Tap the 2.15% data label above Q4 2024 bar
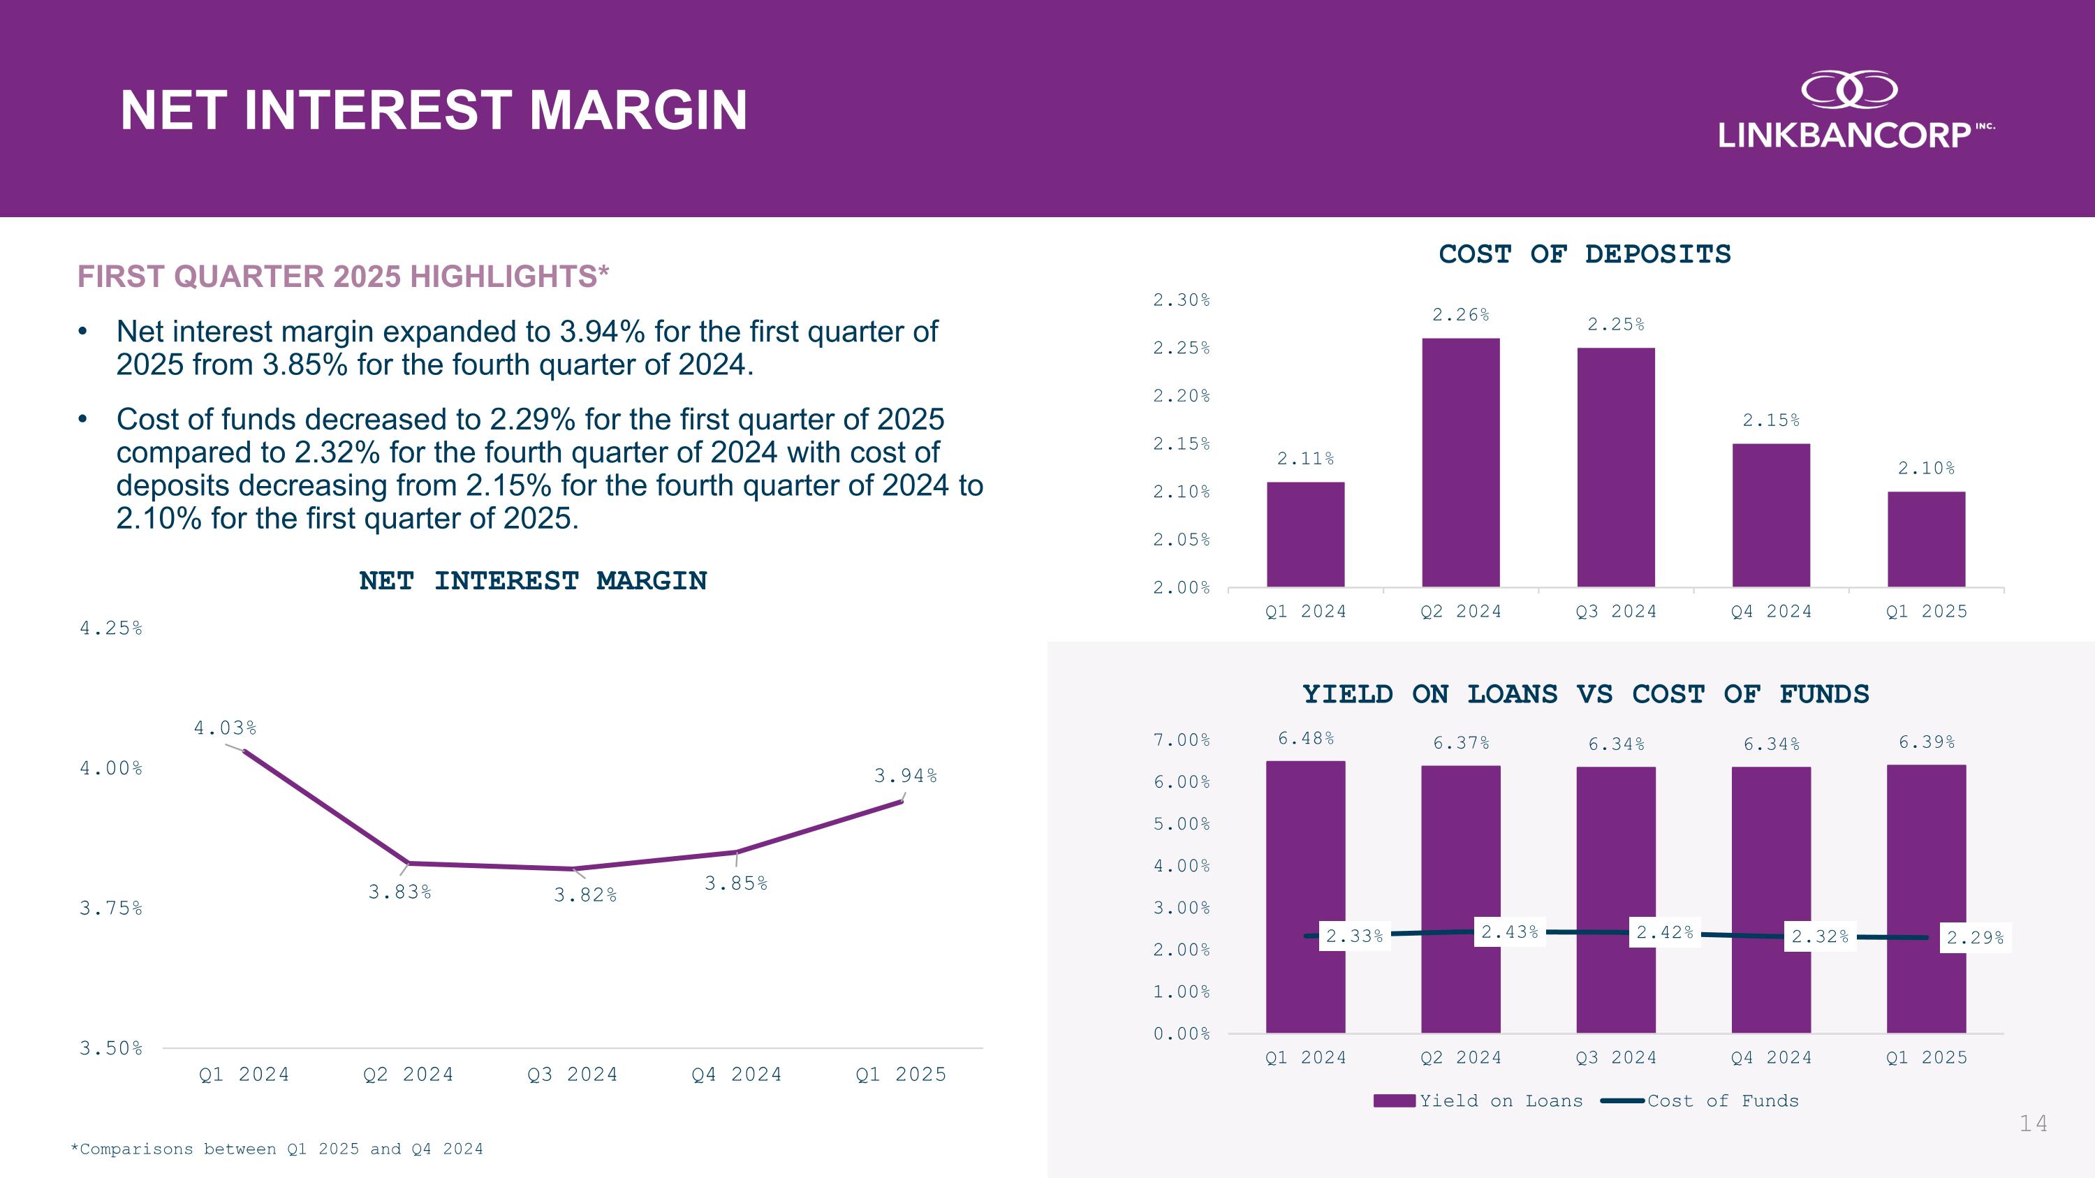pyautogui.click(x=1770, y=420)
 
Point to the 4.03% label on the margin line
pyautogui.click(x=224, y=728)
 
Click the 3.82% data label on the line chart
pyautogui.click(x=585, y=895)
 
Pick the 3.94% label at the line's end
pyautogui.click(x=905, y=776)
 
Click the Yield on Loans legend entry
pyautogui.click(x=1478, y=1100)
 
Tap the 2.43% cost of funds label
pyautogui.click(x=1509, y=932)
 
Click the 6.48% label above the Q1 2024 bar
pyautogui.click(x=1305, y=738)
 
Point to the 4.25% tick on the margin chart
pyautogui.click(x=110, y=628)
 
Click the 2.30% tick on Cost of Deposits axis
pyautogui.click(x=1181, y=300)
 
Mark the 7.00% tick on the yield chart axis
pyautogui.click(x=1181, y=739)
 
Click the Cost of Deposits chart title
pyautogui.click(x=1585, y=253)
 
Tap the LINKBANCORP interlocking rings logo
pyautogui.click(x=1848, y=89)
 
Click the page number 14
pyautogui.click(x=2033, y=1124)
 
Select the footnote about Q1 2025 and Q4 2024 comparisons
pyautogui.click(x=277, y=1149)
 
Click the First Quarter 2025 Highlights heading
pyautogui.click(x=342, y=277)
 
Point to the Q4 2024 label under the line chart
pyautogui.click(x=736, y=1075)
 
